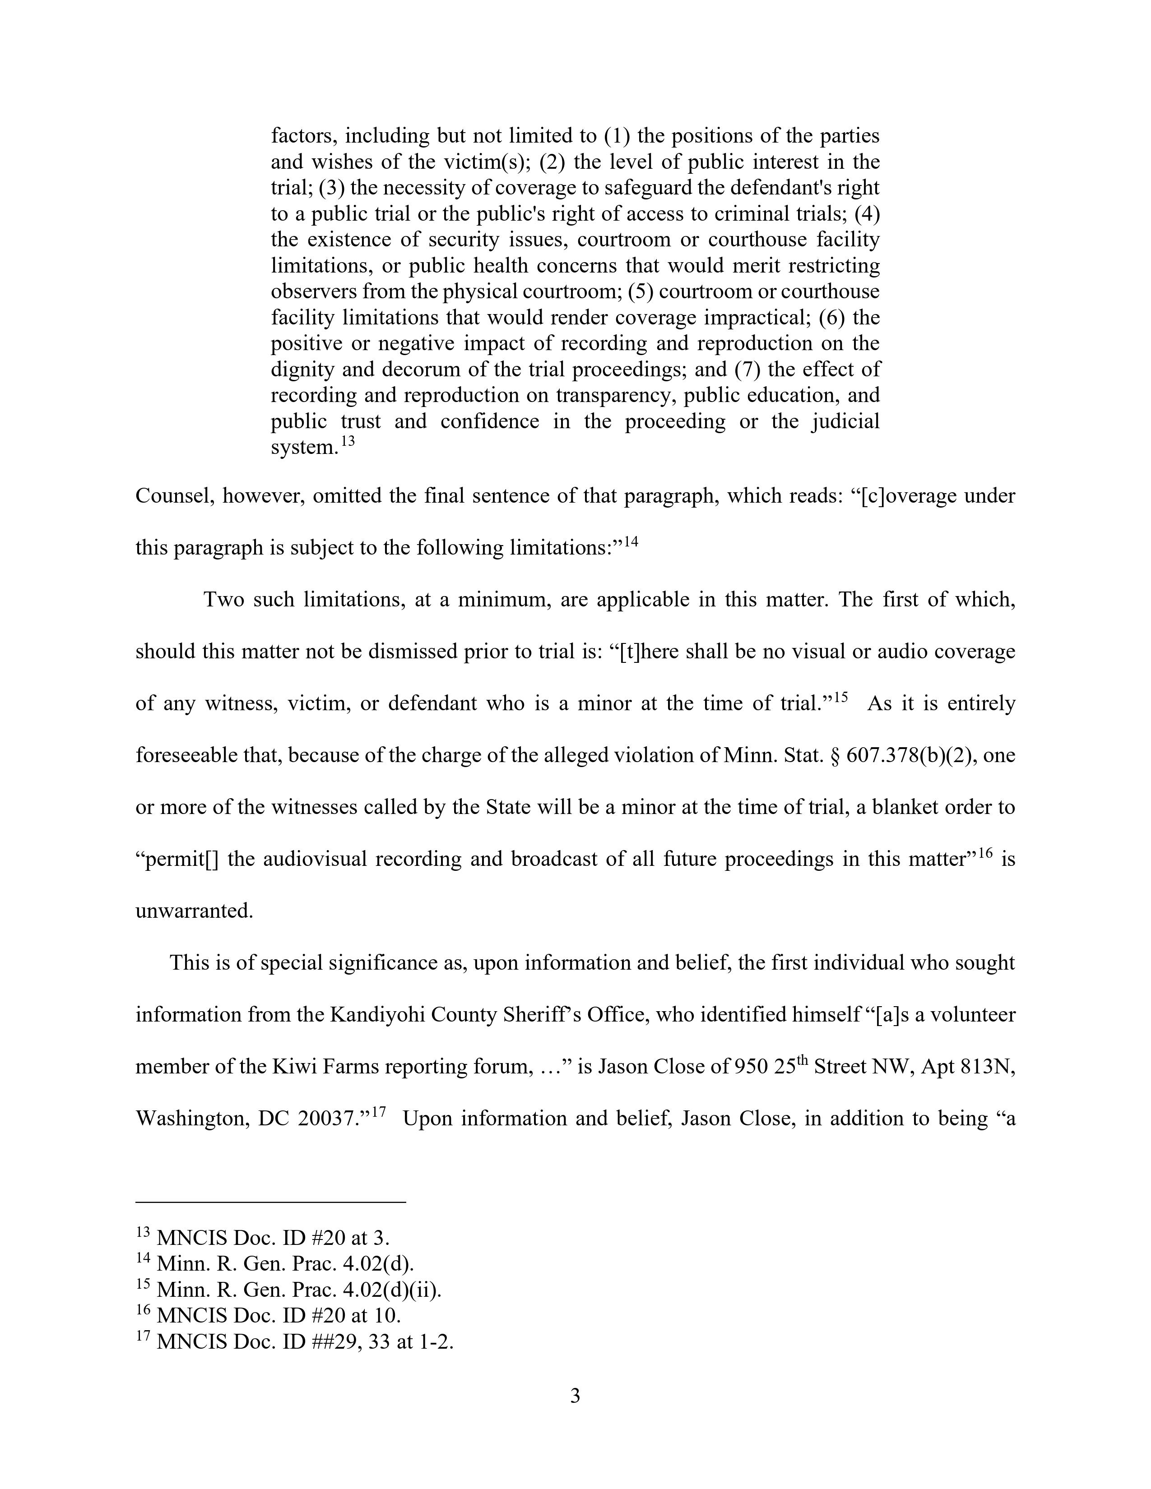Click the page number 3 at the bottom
[575, 1397]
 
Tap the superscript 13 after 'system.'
[348, 441]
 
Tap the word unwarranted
[195, 911]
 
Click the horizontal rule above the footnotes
[271, 1202]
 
